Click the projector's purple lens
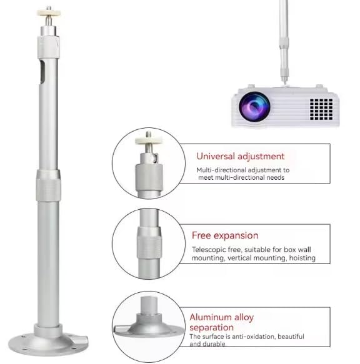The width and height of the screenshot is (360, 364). pos(254,107)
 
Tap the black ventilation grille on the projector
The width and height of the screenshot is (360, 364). pos(321,109)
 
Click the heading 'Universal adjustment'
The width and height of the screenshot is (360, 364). pos(240,156)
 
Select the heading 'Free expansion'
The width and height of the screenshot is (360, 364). pos(225,235)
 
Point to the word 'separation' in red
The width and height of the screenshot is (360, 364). pos(211,328)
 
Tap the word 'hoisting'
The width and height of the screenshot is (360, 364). pos(302,258)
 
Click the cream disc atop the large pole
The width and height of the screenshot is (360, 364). pos(49,12)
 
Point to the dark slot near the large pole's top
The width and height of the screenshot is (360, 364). pos(42,72)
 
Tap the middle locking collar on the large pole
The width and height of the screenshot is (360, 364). pos(48,185)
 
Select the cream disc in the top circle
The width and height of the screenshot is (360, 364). pos(149,140)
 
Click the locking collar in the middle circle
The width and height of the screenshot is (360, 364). pos(149,243)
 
